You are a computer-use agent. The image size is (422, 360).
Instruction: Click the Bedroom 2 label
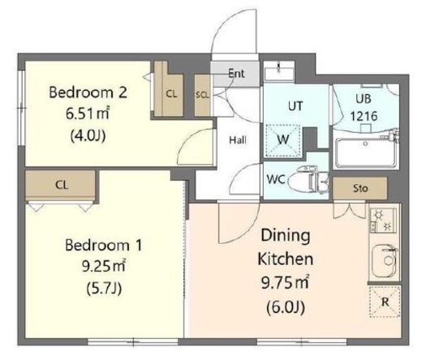(x=88, y=92)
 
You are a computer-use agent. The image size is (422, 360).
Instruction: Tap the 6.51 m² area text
(x=88, y=114)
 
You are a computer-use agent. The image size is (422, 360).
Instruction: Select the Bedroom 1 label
(x=104, y=246)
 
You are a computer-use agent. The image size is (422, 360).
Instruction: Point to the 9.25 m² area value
(x=104, y=267)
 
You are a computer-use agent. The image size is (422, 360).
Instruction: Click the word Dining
(x=286, y=236)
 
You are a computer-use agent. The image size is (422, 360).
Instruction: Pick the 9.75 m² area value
(x=285, y=283)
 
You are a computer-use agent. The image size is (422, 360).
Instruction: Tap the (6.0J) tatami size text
(x=286, y=307)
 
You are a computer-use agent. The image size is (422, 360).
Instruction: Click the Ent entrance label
(x=236, y=73)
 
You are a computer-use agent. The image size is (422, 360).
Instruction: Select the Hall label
(x=238, y=140)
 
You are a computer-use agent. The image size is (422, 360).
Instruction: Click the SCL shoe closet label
(x=202, y=95)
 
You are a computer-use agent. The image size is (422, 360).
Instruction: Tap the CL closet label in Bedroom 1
(x=62, y=185)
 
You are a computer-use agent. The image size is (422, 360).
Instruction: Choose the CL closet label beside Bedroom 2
(x=171, y=94)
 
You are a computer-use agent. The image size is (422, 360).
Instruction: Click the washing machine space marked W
(x=283, y=140)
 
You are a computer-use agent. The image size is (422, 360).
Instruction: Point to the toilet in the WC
(x=307, y=179)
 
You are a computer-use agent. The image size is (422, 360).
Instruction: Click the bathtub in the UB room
(x=365, y=153)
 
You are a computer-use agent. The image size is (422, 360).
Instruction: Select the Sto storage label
(x=360, y=188)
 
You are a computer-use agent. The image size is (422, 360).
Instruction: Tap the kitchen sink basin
(x=384, y=260)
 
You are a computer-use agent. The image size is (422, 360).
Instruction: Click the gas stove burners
(x=383, y=220)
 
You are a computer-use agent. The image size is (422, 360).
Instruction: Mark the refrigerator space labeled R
(x=385, y=302)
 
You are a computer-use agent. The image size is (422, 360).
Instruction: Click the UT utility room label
(x=295, y=106)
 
